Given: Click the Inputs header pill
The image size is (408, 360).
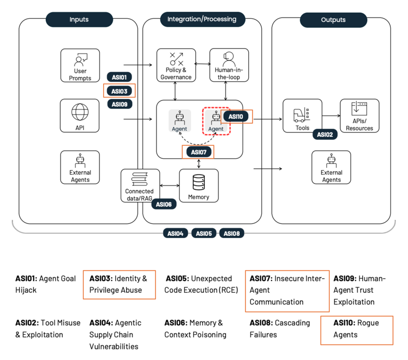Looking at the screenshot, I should point(79,20).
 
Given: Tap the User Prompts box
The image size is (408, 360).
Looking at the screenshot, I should point(80,65).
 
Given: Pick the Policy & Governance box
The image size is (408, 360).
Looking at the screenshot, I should point(176,65).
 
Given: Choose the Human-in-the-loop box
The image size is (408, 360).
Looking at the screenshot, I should point(229,65).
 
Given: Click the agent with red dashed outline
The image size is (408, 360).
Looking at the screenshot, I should point(216,121).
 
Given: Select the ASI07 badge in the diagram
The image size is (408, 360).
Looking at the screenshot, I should point(198,152).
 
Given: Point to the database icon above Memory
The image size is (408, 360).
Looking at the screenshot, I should point(198,182).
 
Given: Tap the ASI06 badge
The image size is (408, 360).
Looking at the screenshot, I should point(164,204).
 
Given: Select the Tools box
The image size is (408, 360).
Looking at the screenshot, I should point(302,116).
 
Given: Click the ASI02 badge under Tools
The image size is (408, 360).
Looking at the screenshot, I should point(325,134).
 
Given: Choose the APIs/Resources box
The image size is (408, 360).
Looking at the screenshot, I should point(359,116).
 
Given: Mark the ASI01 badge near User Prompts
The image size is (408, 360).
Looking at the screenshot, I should point(119,77).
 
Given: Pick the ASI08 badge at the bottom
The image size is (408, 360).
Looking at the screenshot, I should point(231,233).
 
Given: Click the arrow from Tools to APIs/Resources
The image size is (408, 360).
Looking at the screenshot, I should point(331,116).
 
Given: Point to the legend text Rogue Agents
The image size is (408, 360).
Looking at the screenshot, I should point(355,329).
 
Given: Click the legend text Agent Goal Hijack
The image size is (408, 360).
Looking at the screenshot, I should point(45,284).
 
